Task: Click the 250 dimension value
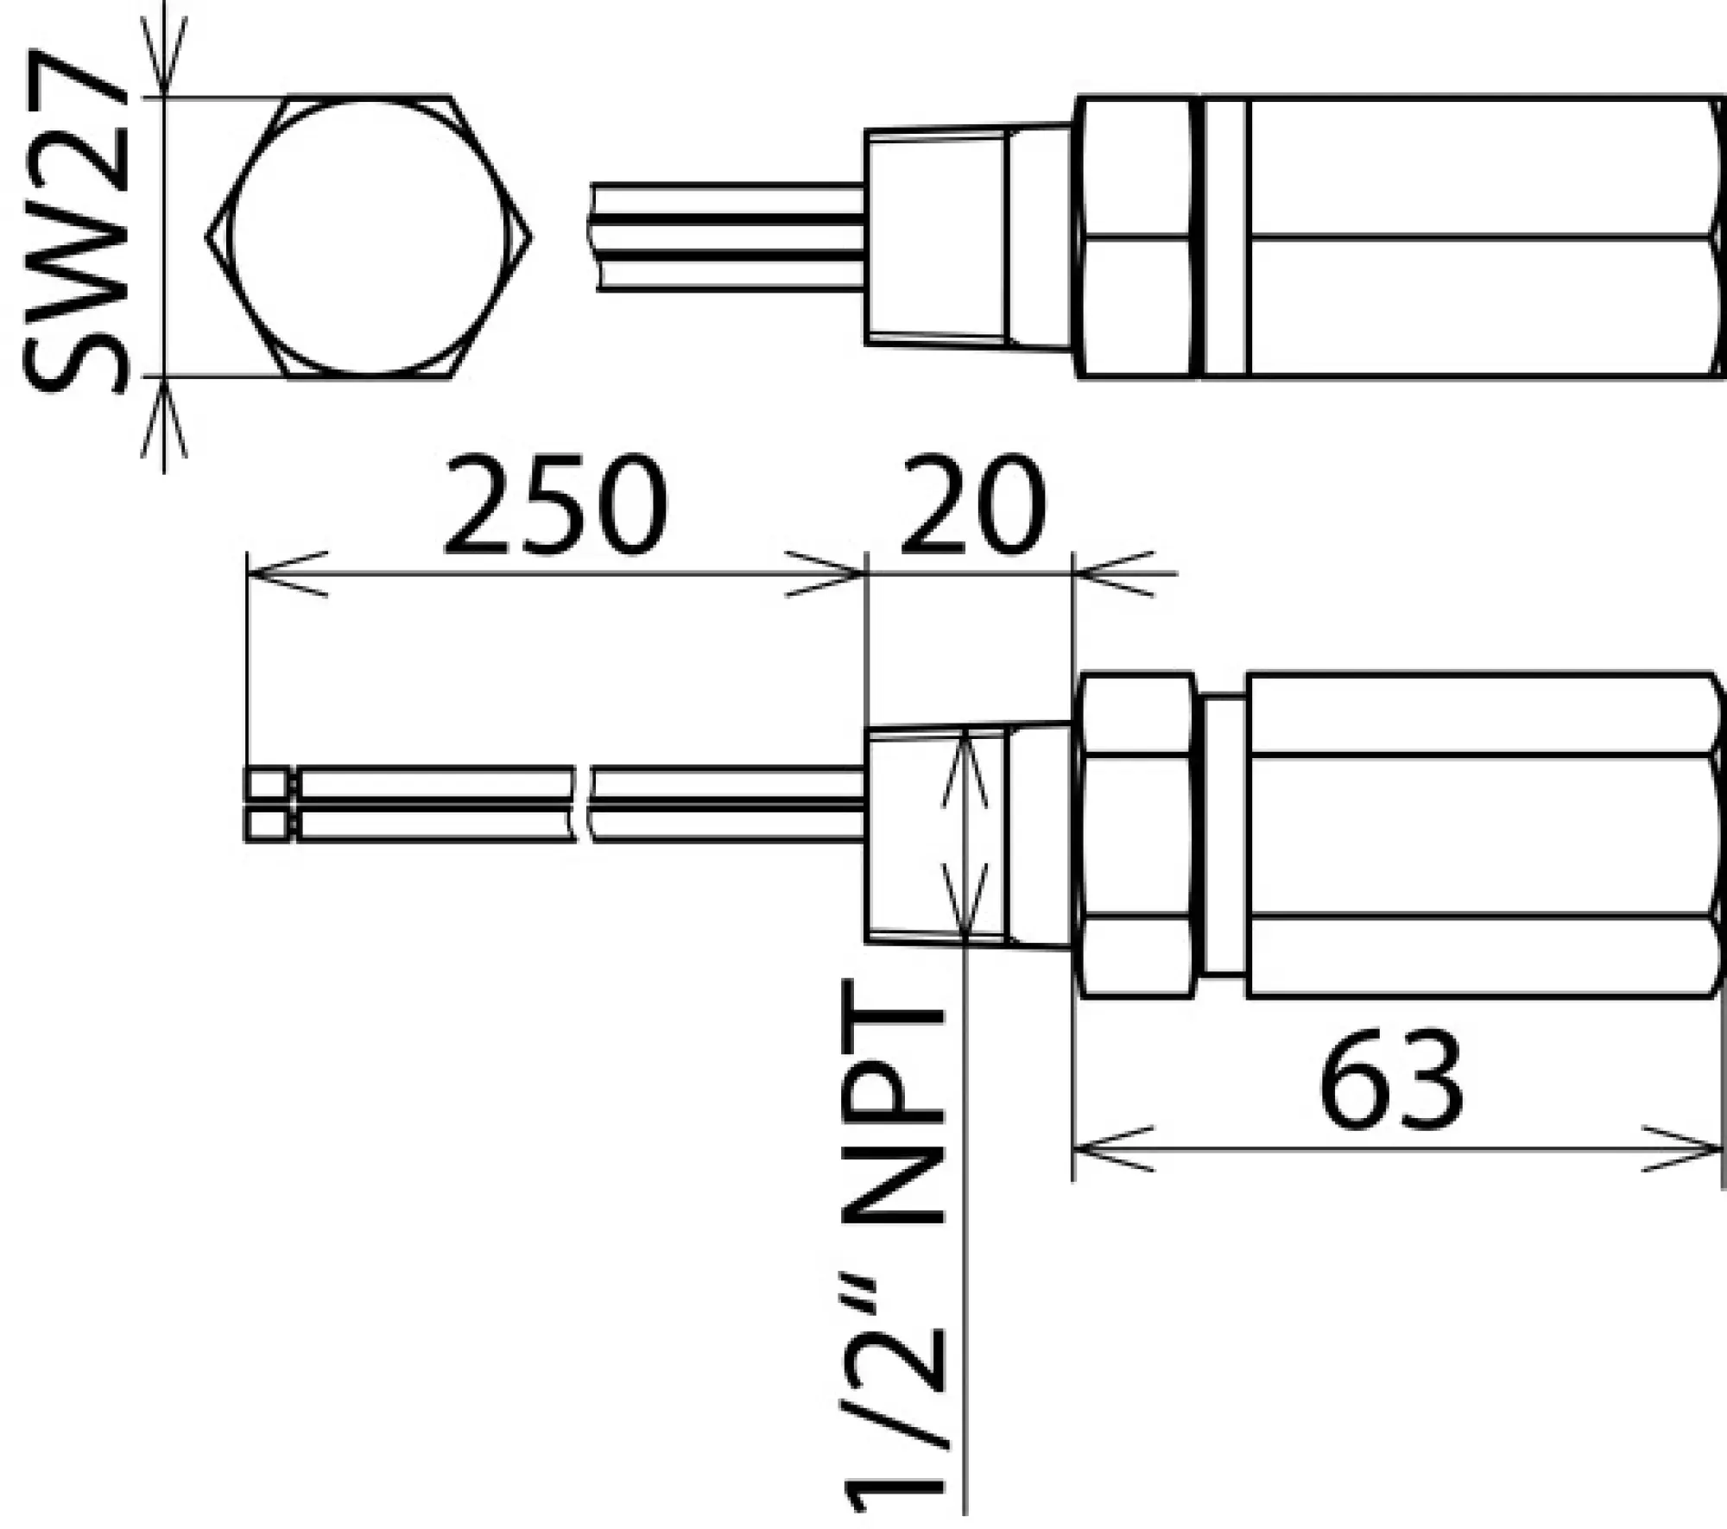coord(554,505)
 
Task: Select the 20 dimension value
coord(971,505)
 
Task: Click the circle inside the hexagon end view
coord(369,237)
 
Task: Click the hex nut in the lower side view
coord(1136,835)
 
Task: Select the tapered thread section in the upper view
coord(937,237)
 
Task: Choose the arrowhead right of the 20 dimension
coord(1114,573)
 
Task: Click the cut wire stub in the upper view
coord(730,237)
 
